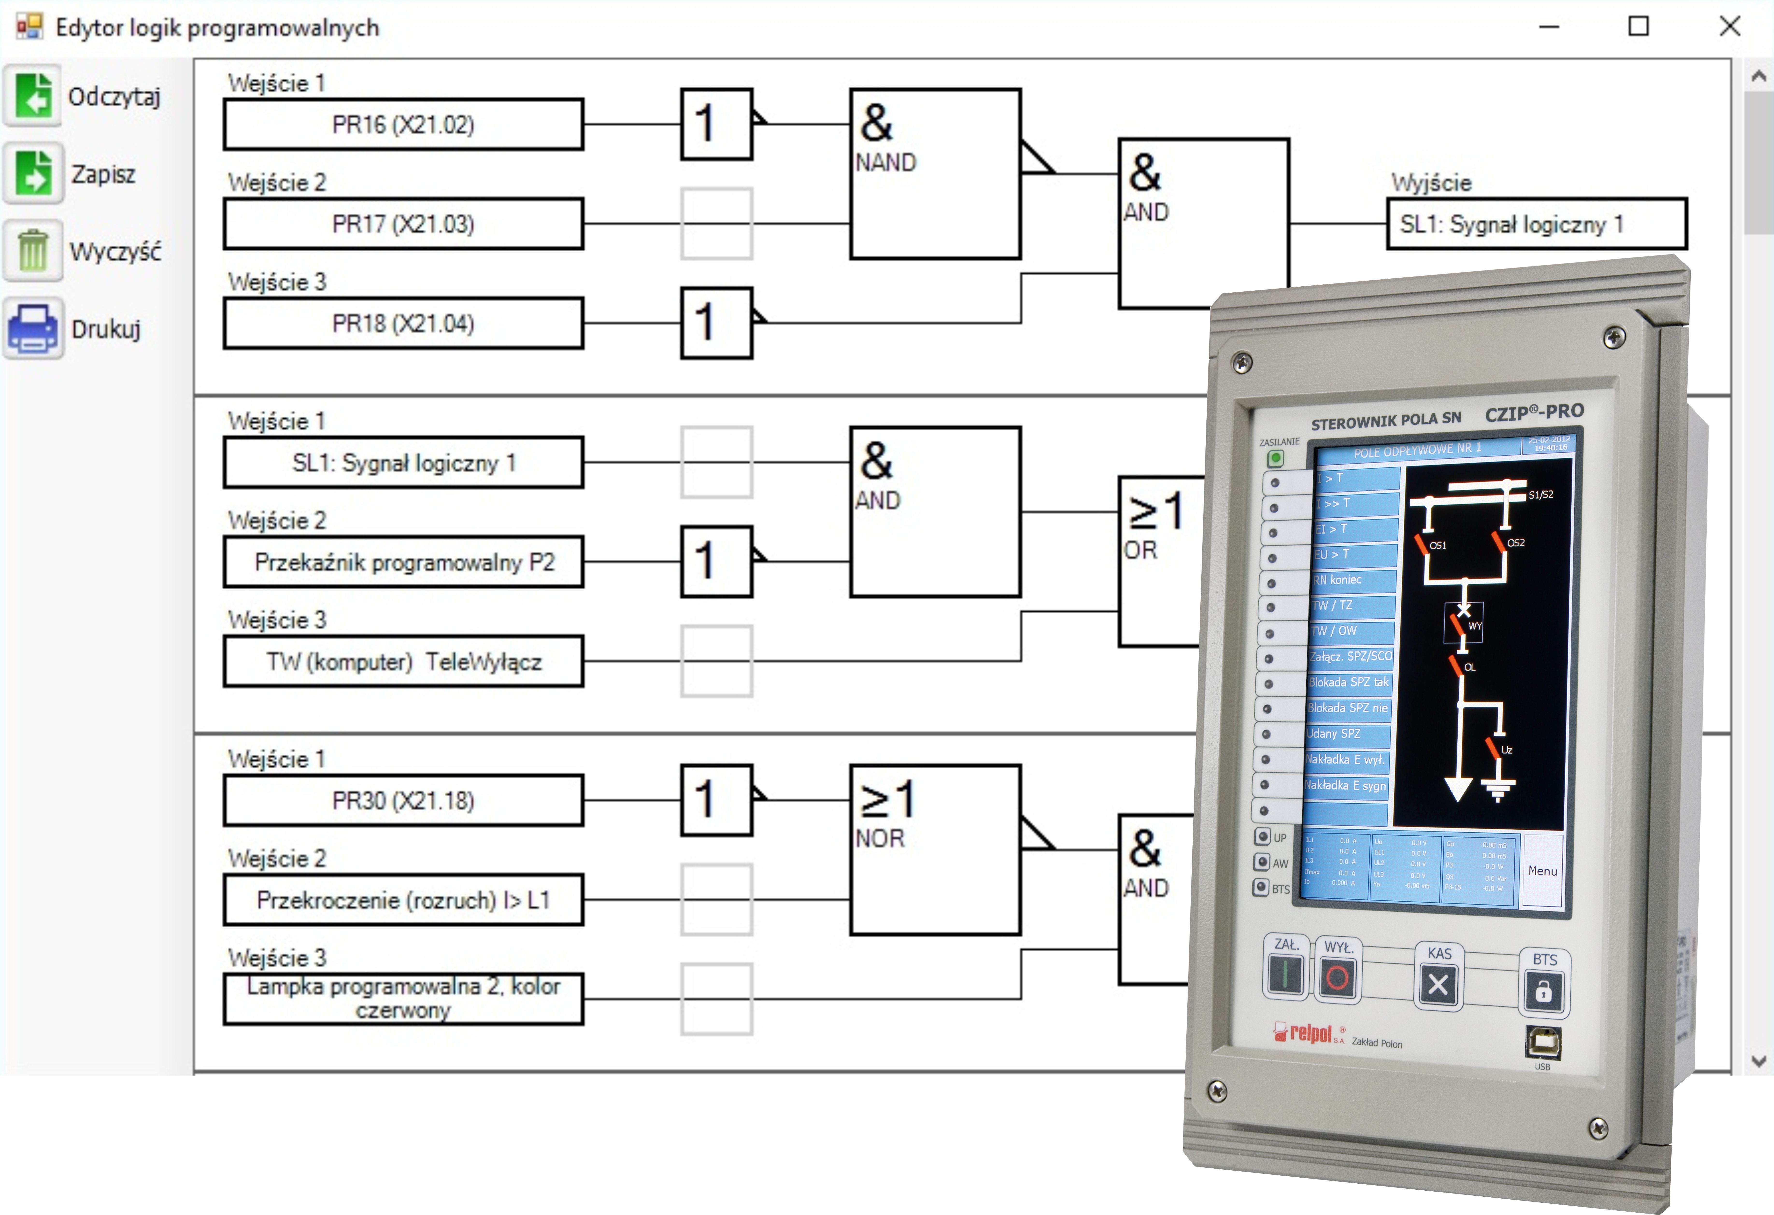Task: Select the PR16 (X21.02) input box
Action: click(x=403, y=124)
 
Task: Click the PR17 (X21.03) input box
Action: click(x=403, y=224)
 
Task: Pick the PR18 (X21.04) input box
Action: click(x=403, y=324)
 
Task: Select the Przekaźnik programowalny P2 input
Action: click(x=403, y=563)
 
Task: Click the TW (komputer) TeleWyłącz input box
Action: click(x=403, y=662)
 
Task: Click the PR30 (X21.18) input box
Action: click(x=403, y=801)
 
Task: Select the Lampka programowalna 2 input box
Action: click(x=403, y=998)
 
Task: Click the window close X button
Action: click(x=1730, y=27)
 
